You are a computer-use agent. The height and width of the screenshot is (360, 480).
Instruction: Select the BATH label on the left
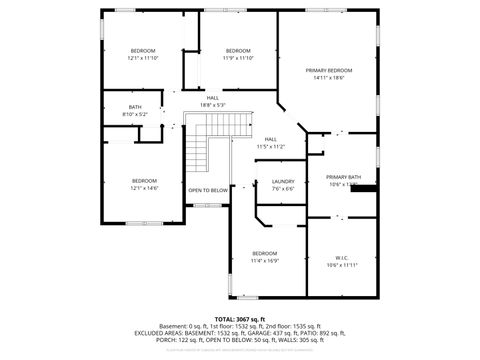135,107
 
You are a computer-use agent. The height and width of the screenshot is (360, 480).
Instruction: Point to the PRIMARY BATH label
343,177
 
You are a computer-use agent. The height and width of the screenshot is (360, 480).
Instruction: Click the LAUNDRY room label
283,181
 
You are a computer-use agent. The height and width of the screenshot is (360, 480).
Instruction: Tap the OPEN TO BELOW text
208,190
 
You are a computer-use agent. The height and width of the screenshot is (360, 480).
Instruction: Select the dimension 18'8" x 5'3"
212,104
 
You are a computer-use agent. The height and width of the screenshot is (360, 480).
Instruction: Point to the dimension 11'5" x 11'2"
270,146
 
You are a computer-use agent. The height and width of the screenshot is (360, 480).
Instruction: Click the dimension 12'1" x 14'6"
144,188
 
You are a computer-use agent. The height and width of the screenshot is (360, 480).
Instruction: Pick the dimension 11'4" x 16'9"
265,260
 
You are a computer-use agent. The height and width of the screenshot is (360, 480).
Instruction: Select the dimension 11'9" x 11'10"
238,58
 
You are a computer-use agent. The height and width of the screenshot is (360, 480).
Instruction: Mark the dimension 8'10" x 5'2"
135,114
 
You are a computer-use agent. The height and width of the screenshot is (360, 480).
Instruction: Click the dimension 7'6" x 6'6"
283,189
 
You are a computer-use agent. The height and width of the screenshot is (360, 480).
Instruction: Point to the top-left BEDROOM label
144,50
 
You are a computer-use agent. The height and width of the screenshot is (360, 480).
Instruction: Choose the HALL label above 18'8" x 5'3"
212,97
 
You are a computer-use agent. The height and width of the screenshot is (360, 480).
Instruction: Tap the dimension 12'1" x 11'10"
144,58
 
